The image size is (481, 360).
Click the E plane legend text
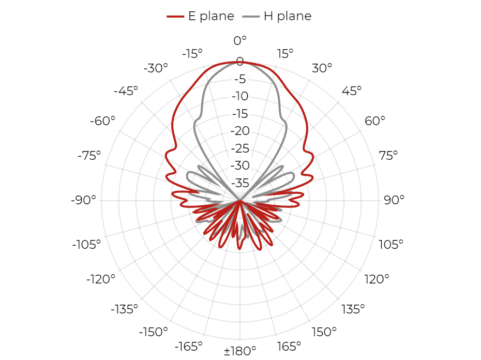click(x=211, y=16)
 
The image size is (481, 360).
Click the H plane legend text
click(x=288, y=16)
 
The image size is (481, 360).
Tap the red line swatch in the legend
click(x=175, y=17)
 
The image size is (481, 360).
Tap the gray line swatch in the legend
click(x=251, y=17)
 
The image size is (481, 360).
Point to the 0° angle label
click(x=240, y=40)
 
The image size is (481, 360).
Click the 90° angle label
click(x=394, y=200)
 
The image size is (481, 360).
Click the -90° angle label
click(x=83, y=200)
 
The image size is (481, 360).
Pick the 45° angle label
click(x=352, y=91)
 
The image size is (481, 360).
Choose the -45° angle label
click(x=126, y=91)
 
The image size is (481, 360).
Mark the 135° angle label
click(x=353, y=309)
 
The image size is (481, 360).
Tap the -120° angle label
click(x=101, y=279)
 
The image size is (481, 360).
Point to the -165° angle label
click(x=189, y=347)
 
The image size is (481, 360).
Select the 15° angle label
click(x=285, y=54)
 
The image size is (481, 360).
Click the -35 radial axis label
click(x=240, y=183)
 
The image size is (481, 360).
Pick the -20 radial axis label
click(x=240, y=131)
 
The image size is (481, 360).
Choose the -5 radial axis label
click(x=240, y=79)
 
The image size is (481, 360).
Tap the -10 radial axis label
click(x=240, y=96)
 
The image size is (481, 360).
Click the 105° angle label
click(x=391, y=245)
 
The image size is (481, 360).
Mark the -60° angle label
click(x=102, y=121)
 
